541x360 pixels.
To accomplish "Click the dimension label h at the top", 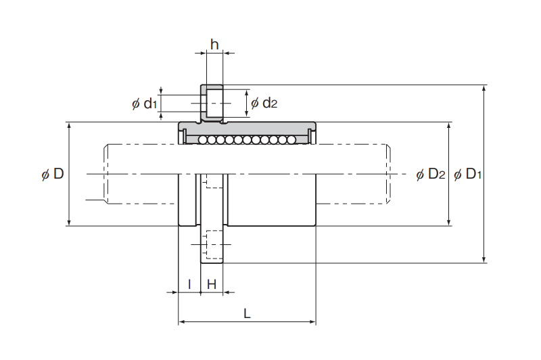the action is [x=214, y=45].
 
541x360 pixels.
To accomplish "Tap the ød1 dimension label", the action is [x=144, y=104].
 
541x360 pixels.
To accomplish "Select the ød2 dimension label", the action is [x=264, y=103].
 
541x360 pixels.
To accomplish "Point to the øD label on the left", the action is [x=53, y=174].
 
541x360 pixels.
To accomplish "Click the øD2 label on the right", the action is [x=431, y=174].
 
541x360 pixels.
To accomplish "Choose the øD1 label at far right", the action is [x=467, y=174].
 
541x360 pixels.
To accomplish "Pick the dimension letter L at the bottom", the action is [x=247, y=314].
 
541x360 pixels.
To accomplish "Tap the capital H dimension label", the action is [x=212, y=284].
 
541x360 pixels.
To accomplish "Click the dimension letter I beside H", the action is [x=189, y=284].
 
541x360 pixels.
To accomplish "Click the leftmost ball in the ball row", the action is [x=202, y=140].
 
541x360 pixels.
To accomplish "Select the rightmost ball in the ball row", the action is [x=291, y=140].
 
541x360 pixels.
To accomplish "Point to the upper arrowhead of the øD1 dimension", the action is [x=484, y=88].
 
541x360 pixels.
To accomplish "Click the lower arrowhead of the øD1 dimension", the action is [x=484, y=260].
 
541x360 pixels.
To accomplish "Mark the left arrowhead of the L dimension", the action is [x=182, y=322].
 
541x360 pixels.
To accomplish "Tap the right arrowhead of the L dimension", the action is [x=312, y=322].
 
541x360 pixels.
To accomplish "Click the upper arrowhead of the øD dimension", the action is [x=69, y=126].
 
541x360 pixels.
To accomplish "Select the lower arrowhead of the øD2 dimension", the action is [x=448, y=222].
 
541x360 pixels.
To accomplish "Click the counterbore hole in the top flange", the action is [x=212, y=104].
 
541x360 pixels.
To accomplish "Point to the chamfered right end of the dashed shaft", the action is [x=388, y=174].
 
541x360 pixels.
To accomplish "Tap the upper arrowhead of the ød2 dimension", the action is [x=246, y=93].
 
